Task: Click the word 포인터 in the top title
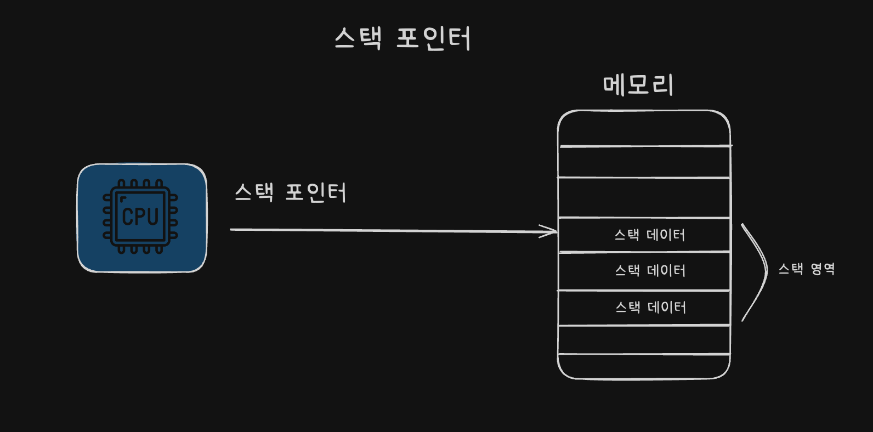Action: pos(434,38)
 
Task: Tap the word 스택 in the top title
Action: pos(358,38)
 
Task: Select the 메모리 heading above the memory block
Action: pos(638,85)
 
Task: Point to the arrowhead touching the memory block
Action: pos(549,231)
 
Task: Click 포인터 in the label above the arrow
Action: pos(316,192)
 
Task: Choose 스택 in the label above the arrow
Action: pos(254,192)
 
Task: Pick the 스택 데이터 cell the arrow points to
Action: pos(644,235)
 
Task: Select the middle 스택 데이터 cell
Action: pos(644,271)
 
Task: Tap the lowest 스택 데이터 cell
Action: pos(644,308)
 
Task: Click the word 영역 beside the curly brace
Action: pos(823,269)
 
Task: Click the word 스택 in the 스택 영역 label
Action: pos(791,269)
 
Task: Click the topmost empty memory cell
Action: pos(644,128)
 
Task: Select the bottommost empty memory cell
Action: pos(644,367)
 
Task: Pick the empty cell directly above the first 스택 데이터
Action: pos(644,198)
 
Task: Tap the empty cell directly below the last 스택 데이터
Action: pos(644,340)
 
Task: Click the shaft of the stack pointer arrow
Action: pos(394,231)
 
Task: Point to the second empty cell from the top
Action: pos(644,162)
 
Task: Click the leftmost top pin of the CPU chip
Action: pos(121,184)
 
